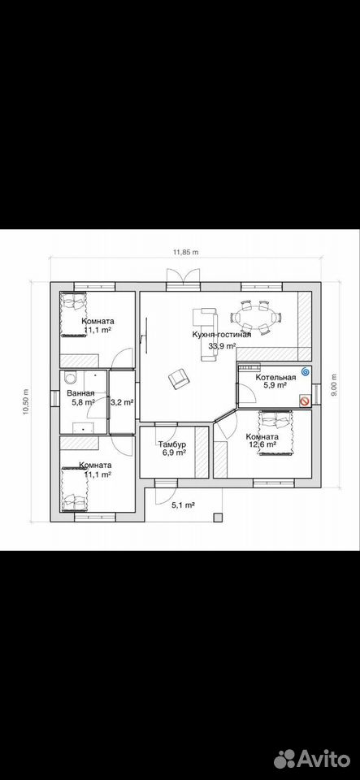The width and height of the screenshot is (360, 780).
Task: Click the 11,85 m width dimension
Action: tap(185, 252)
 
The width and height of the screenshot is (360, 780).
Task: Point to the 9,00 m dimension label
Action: tap(334, 384)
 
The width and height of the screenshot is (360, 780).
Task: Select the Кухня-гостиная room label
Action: tap(222, 335)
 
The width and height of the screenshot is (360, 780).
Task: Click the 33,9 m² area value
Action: tap(222, 347)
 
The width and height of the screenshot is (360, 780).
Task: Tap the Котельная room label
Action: tap(276, 377)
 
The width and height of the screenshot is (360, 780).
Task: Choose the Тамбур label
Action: tap(172, 444)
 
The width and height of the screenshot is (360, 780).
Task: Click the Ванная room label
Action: tap(80, 393)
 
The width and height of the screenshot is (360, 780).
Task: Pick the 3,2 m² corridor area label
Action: tap(122, 402)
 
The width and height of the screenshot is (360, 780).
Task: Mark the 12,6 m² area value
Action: tap(262, 445)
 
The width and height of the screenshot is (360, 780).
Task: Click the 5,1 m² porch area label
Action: tap(183, 505)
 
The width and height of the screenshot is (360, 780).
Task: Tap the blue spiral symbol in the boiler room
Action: tap(306, 371)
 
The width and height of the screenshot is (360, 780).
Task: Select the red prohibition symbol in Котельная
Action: tap(304, 401)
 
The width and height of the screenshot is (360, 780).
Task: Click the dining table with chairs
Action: tap(256, 316)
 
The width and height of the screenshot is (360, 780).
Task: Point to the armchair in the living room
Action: tap(179, 379)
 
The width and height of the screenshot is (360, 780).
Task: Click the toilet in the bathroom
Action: tap(70, 379)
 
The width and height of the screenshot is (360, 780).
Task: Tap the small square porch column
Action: tap(217, 518)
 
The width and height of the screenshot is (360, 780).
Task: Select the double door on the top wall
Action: tap(183, 278)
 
